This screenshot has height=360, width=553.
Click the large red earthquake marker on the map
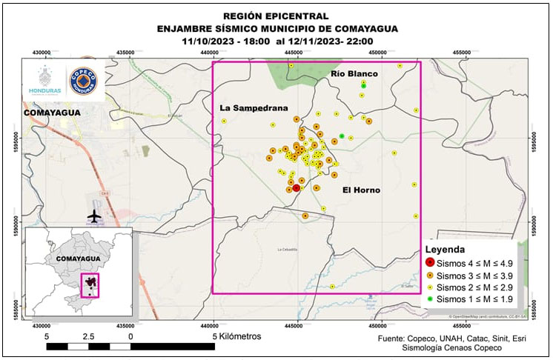(297, 188)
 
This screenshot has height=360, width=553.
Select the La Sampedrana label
(254, 108)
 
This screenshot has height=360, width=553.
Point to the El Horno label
(361, 190)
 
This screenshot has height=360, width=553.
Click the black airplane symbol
(94, 216)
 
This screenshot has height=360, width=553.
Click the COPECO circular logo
(82, 81)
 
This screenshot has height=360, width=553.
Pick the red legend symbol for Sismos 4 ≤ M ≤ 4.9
(429, 263)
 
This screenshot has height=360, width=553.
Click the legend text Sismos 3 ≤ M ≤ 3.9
(474, 275)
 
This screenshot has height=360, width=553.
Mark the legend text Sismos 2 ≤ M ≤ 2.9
(474, 287)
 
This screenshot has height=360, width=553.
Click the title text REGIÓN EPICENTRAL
(277, 16)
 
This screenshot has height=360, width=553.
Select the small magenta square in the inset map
(90, 284)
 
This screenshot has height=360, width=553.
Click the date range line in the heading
(277, 41)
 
